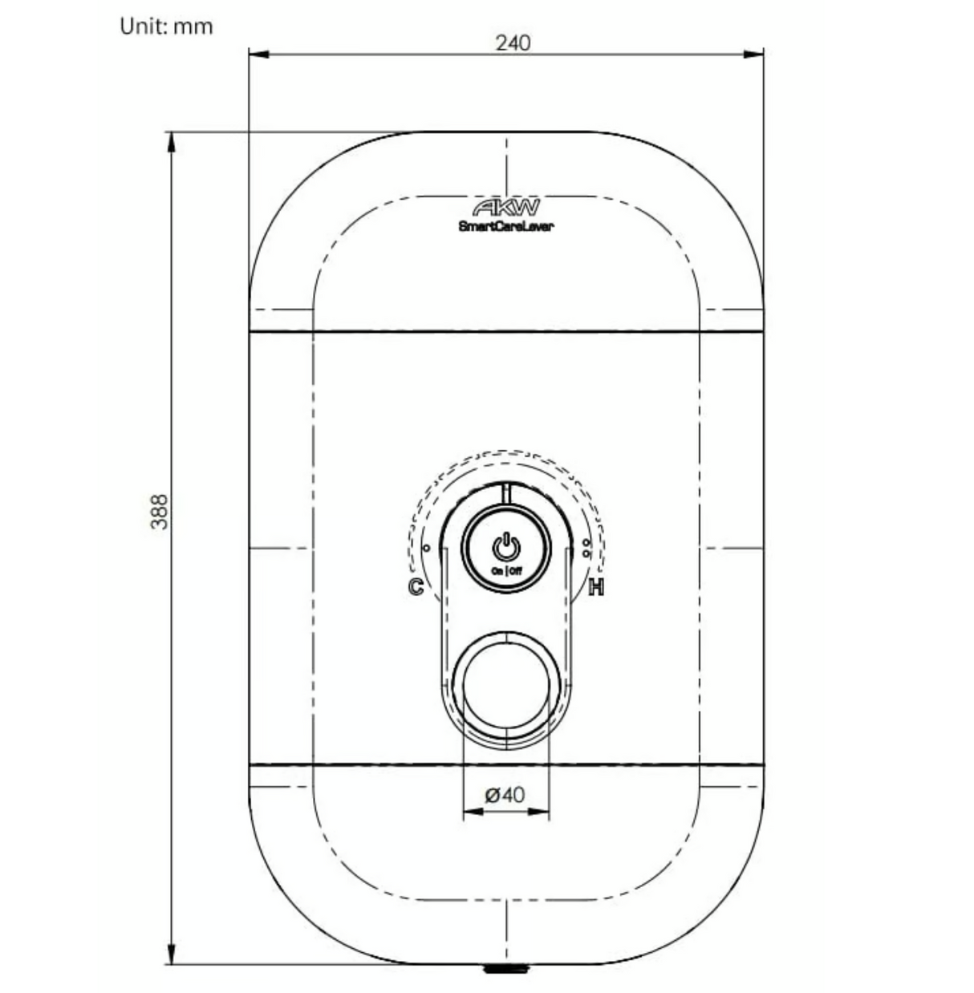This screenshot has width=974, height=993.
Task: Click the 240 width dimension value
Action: pyautogui.click(x=513, y=43)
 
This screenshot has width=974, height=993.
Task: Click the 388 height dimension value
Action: pyautogui.click(x=160, y=511)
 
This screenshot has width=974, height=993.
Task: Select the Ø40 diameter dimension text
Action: pyautogui.click(x=505, y=795)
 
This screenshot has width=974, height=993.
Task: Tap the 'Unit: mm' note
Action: pyautogui.click(x=167, y=26)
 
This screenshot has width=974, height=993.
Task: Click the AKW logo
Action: pyautogui.click(x=506, y=209)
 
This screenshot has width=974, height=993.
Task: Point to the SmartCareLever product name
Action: pyautogui.click(x=506, y=226)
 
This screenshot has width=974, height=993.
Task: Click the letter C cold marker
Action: pyautogui.click(x=416, y=586)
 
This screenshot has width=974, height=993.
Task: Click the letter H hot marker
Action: pyautogui.click(x=596, y=587)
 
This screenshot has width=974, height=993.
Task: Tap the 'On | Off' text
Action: pyautogui.click(x=506, y=570)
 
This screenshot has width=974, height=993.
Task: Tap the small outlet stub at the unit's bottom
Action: pyautogui.click(x=506, y=969)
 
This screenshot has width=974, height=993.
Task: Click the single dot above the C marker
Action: pyautogui.click(x=427, y=549)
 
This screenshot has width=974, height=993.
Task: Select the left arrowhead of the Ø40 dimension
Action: pyautogui.click(x=473, y=812)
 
